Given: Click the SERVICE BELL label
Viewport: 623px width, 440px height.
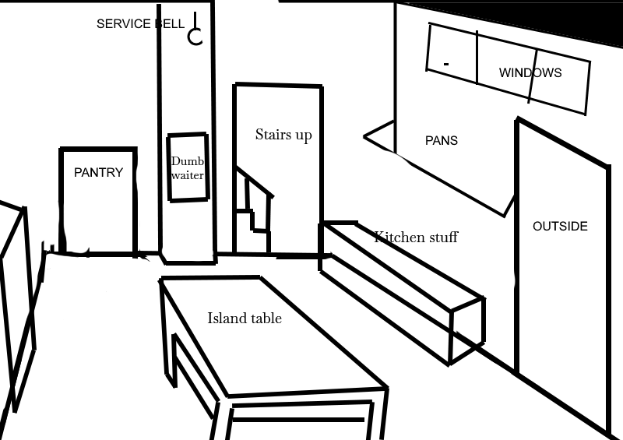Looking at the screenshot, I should (140, 24).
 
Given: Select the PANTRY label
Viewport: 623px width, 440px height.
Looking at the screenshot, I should (98, 173).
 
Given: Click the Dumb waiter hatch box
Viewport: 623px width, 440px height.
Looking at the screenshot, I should (187, 167).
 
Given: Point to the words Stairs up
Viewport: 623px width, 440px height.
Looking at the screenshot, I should (283, 135).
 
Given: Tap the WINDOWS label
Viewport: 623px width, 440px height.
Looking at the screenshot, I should (530, 73).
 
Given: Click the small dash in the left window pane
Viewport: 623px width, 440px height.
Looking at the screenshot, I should (446, 62).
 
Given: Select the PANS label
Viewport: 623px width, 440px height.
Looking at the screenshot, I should (442, 141).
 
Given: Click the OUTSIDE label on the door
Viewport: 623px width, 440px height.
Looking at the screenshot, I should (560, 227).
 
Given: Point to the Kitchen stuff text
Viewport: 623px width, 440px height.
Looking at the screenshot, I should (416, 237).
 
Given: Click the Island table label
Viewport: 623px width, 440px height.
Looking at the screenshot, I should (245, 318).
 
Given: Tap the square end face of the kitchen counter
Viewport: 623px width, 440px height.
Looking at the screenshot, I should (467, 331).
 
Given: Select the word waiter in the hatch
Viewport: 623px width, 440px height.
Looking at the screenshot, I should (187, 176).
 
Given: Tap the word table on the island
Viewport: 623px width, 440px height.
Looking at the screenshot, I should (266, 318).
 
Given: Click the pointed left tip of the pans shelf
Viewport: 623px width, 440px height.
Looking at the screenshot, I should (366, 137).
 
